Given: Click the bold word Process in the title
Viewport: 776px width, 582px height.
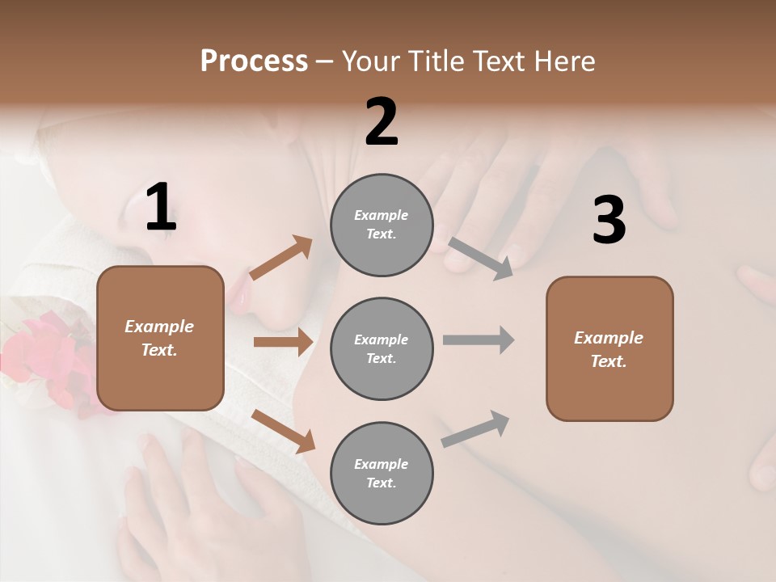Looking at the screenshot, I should tap(254, 61).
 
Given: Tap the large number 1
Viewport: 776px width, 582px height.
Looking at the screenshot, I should tap(161, 208).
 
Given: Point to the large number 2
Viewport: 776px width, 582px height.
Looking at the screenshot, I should tap(382, 122).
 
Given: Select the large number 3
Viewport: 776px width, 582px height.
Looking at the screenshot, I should tap(609, 220).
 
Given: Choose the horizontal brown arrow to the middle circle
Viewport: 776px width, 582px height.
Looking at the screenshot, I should tap(283, 342).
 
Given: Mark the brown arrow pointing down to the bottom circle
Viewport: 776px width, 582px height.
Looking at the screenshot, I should tap(284, 431).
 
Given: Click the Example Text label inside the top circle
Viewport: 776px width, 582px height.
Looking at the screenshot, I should tap(382, 225).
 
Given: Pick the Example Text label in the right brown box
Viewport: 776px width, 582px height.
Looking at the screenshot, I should tap(609, 349).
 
